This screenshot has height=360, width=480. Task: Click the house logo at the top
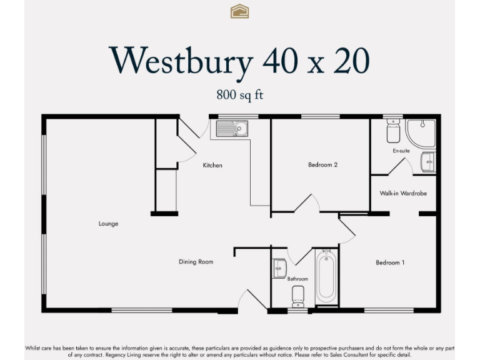tap(239, 11)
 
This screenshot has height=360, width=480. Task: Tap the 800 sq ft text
tap(240, 95)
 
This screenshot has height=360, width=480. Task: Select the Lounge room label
tap(108, 224)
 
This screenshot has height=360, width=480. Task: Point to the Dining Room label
tap(196, 262)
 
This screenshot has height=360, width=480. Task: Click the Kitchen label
tap(212, 166)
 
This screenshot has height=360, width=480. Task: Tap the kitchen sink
tap(232, 129)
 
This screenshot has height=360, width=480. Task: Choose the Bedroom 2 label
tap(322, 165)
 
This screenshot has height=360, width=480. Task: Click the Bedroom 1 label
tap(390, 262)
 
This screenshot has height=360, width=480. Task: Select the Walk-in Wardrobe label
tap(403, 194)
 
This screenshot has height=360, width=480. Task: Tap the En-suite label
tap(401, 151)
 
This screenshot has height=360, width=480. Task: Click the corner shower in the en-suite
tap(421, 133)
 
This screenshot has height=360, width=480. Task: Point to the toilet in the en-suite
tap(393, 131)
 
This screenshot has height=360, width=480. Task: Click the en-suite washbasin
tap(429, 162)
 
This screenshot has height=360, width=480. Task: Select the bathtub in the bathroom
tap(326, 277)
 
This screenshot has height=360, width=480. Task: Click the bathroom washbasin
tap(279, 268)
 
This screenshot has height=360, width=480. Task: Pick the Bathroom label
tap(297, 279)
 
